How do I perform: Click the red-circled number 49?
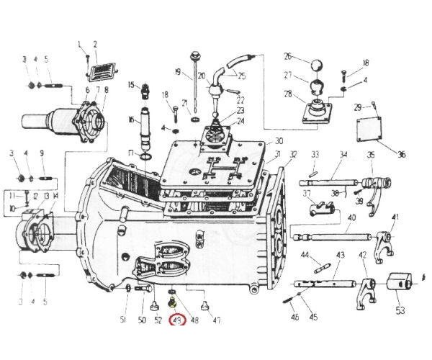[175, 320]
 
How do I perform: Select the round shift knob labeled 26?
[316, 67]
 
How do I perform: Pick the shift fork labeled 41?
[384, 236]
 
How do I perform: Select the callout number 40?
[351, 217]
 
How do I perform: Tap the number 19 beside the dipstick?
[178, 72]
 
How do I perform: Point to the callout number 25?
[242, 76]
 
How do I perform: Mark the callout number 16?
[132, 120]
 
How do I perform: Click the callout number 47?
[217, 320]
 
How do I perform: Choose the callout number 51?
[123, 320]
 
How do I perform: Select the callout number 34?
[343, 154]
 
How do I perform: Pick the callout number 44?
[305, 255]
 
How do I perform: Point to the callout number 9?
[42, 153]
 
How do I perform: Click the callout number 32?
[293, 154]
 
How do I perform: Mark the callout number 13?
[46, 196]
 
